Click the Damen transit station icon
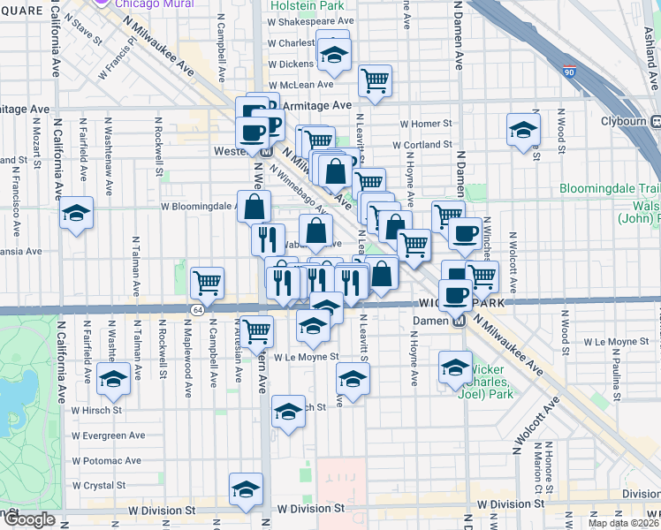pyautogui.click(x=459, y=320)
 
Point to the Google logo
pyautogui.click(x=29, y=519)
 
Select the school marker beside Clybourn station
pyautogui.click(x=523, y=131)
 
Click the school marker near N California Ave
pyautogui.click(x=77, y=214)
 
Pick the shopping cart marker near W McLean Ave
pyautogui.click(x=375, y=80)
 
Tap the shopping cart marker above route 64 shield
pyautogui.click(x=207, y=283)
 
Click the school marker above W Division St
pyautogui.click(x=246, y=489)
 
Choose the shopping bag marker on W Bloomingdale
pyautogui.click(x=254, y=207)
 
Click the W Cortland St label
pyautogui.click(x=422, y=145)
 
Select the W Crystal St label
pyautogui.click(x=99, y=485)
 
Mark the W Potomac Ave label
pyautogui.click(x=107, y=460)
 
